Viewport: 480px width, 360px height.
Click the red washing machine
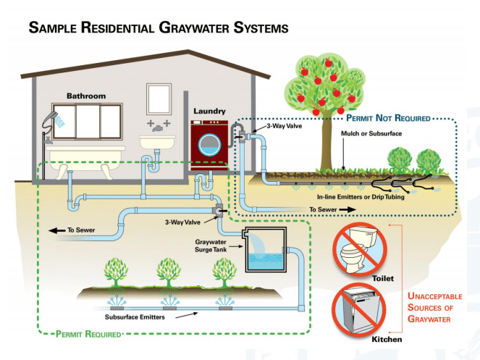coord(209,145)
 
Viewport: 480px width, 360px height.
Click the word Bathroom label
coord(86,96)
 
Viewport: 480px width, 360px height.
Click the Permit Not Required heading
coord(388,117)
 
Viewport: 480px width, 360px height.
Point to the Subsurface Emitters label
coord(135,316)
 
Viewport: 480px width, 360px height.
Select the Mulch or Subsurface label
coord(371,134)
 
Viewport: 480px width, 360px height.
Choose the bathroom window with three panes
coord(91,118)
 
